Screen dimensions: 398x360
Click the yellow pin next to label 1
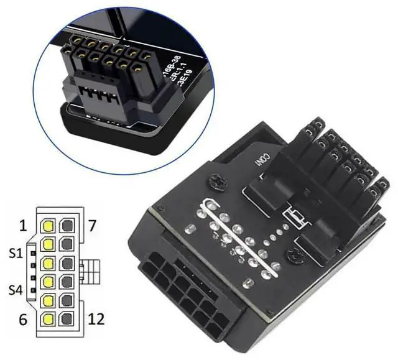48,224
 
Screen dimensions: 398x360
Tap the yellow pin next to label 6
48,320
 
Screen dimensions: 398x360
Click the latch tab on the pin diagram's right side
87,272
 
